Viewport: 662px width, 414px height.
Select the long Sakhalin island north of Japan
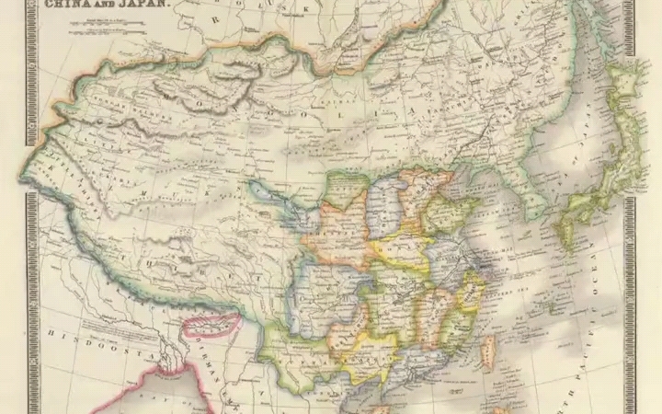point(625,92)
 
